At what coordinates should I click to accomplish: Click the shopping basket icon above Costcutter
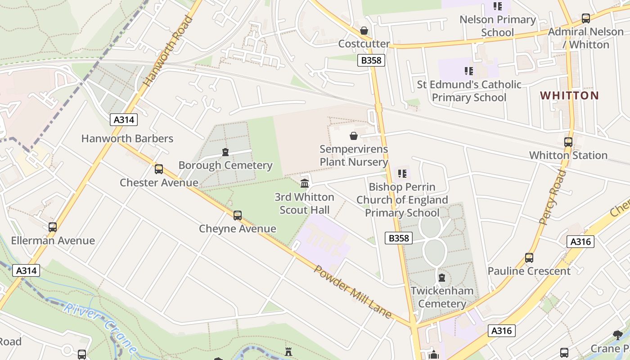pos(364,31)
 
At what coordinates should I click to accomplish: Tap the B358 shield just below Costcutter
pos(371,60)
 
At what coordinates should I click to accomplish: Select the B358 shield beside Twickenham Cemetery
pos(399,238)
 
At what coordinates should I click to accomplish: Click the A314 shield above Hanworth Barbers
pos(124,120)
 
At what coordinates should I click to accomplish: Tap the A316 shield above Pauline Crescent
pos(580,242)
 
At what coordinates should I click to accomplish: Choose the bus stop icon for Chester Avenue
pos(159,169)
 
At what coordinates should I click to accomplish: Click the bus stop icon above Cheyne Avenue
pos(238,216)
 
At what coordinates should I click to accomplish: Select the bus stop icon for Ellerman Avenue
pos(53,227)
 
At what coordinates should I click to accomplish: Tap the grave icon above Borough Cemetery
pos(225,152)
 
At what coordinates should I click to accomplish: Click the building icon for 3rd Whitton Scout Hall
pos(305,184)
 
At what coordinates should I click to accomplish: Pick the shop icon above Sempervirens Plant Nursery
pos(354,136)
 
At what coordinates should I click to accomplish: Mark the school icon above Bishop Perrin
pos(402,174)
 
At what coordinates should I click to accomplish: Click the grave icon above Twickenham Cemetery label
pos(442,277)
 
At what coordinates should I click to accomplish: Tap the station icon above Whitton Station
pos(568,142)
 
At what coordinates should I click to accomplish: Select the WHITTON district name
pos(569,95)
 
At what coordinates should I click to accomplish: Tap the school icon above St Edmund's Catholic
pos(468,71)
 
